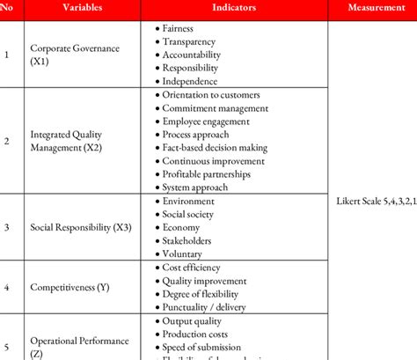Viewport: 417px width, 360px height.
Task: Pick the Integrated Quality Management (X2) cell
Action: (x=67, y=141)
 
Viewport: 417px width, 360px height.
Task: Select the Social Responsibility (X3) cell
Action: (x=81, y=227)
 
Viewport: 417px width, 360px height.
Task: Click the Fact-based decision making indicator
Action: (x=217, y=148)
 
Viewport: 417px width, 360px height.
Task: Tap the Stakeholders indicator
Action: (x=187, y=240)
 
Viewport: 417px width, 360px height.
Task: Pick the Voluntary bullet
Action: (x=182, y=253)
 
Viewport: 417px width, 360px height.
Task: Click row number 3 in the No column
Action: (x=8, y=227)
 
